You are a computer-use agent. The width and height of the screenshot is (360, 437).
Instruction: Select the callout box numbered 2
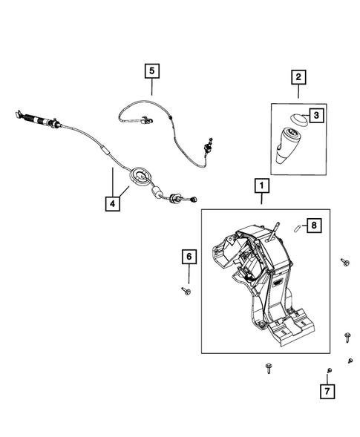tap(298, 77)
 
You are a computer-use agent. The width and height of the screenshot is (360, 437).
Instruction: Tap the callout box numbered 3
tap(317, 116)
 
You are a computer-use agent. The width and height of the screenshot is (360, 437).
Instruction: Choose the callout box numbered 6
tap(189, 257)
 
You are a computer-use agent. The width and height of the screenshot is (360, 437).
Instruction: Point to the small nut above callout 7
tap(329, 370)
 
